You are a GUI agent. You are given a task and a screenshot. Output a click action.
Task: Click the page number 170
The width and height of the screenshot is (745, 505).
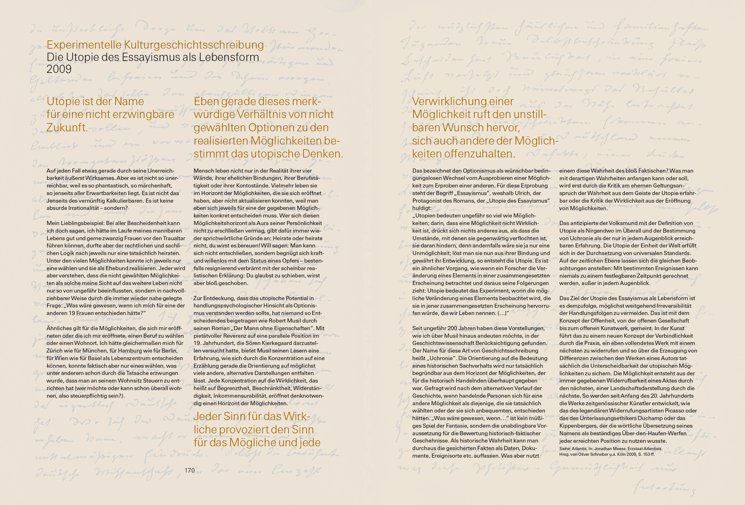click(190, 470)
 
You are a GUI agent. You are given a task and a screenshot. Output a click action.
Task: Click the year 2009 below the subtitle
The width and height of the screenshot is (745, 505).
click(59, 69)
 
